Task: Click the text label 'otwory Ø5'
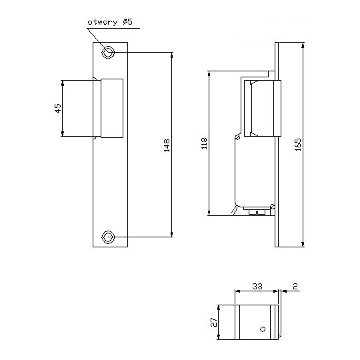(x=109, y=23)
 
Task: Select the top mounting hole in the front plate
(x=108, y=53)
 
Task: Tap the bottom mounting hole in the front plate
(x=108, y=237)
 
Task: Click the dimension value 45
(x=57, y=109)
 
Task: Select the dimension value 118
(x=204, y=144)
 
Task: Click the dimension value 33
(x=257, y=286)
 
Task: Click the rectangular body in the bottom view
(x=257, y=323)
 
